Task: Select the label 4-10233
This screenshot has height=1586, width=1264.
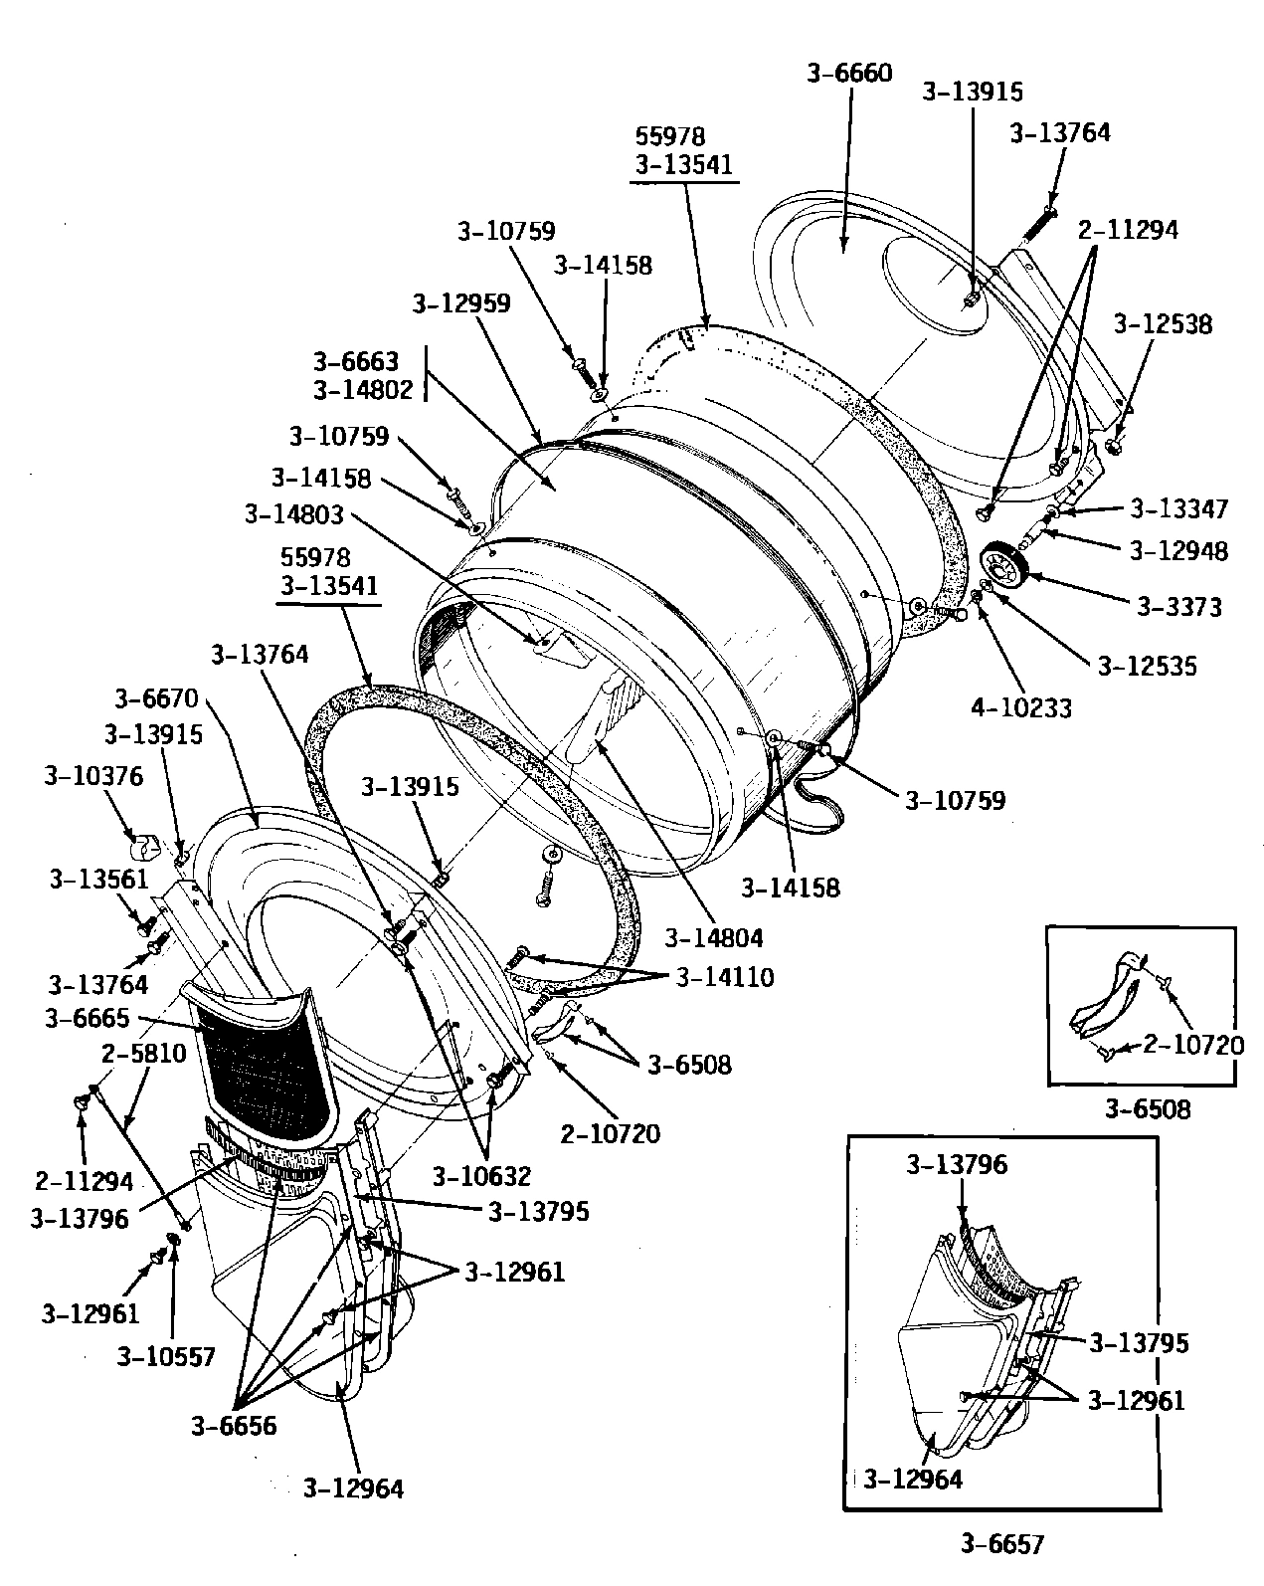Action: [1021, 707]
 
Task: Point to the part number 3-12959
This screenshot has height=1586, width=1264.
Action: [461, 303]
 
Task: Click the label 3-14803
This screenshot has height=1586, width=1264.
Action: [293, 514]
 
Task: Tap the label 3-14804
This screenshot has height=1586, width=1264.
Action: [714, 936]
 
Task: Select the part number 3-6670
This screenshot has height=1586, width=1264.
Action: [156, 697]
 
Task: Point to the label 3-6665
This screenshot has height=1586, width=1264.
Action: [87, 1018]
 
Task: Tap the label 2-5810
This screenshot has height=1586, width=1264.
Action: [143, 1053]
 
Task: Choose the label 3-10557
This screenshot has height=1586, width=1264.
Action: [166, 1356]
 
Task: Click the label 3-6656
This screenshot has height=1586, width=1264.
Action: [234, 1425]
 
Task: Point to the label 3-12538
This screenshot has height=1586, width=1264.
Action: [1163, 324]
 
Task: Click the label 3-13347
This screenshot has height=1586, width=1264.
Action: [1179, 509]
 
